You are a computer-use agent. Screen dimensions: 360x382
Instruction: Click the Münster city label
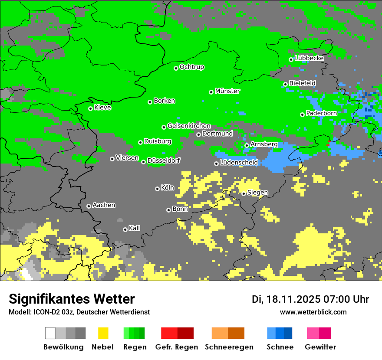click(227, 91)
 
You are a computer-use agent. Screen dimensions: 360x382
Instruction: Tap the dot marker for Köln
click(157, 189)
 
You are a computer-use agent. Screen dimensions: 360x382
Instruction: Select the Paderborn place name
click(321, 113)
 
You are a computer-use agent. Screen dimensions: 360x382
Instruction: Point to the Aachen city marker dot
click(89, 206)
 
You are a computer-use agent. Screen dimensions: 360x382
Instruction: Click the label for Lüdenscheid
click(239, 163)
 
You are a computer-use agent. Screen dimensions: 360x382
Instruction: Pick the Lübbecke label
click(309, 58)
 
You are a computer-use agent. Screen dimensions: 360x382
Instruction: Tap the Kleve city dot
click(90, 108)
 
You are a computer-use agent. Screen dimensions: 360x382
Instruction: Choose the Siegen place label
click(257, 193)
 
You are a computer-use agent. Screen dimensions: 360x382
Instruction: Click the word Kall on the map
click(135, 228)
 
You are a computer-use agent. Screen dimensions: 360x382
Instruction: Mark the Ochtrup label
click(192, 67)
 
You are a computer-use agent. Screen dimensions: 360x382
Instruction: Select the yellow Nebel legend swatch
click(103, 333)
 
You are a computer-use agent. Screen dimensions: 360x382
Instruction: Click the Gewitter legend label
click(320, 347)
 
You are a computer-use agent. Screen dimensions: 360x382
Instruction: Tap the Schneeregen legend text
click(229, 347)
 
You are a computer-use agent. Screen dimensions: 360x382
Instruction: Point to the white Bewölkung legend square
click(50, 333)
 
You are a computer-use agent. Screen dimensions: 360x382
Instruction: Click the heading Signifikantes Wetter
click(72, 299)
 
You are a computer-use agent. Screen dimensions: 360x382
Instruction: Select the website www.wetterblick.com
click(313, 312)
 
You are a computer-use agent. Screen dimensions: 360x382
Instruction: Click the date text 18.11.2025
click(293, 299)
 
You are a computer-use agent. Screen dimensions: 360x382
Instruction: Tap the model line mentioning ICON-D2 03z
click(79, 312)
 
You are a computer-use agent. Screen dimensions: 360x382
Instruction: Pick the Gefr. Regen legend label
click(177, 347)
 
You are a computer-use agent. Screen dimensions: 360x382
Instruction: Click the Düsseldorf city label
click(164, 160)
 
